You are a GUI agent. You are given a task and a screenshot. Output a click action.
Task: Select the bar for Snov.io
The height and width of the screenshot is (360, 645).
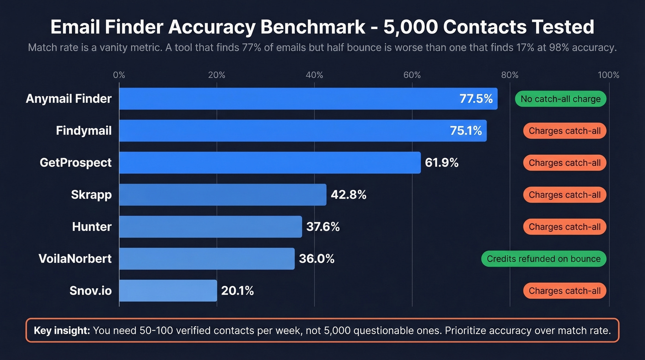click(168, 291)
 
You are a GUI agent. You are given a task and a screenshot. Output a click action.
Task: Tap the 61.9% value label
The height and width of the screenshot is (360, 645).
click(441, 163)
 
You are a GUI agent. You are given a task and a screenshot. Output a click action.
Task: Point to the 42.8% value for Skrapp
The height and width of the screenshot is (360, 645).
click(348, 195)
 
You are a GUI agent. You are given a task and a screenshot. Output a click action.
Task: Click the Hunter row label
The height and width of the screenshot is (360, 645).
click(92, 227)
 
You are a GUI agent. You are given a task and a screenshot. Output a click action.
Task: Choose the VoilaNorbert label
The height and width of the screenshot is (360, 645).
click(75, 259)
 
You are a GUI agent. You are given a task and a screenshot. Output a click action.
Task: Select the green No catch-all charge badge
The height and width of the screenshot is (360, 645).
click(560, 99)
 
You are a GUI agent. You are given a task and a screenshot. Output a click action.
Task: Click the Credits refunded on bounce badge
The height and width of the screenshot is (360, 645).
click(544, 259)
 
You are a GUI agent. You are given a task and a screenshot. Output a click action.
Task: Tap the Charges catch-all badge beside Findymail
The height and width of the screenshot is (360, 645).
click(564, 131)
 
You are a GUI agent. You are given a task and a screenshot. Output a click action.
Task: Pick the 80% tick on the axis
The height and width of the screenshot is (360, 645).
click(510, 75)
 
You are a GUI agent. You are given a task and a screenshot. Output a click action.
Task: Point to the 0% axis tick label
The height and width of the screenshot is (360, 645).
click(119, 75)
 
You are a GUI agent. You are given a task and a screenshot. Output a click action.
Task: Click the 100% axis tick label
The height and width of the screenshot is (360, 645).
click(609, 75)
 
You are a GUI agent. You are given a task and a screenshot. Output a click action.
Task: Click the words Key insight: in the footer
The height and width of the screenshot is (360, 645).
click(62, 330)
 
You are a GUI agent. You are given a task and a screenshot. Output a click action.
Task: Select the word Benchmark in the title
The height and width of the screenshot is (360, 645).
click(313, 28)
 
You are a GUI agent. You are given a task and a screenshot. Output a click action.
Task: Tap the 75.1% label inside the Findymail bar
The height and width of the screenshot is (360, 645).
click(466, 131)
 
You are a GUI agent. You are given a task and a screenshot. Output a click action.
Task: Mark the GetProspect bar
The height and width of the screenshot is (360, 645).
click(270, 163)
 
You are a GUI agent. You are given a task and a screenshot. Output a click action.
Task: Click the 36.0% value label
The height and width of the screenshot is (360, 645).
click(317, 259)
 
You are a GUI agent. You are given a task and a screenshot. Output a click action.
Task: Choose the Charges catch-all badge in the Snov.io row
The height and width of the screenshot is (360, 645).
click(564, 291)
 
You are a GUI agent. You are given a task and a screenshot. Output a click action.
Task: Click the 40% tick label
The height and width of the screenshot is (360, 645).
click(314, 75)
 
